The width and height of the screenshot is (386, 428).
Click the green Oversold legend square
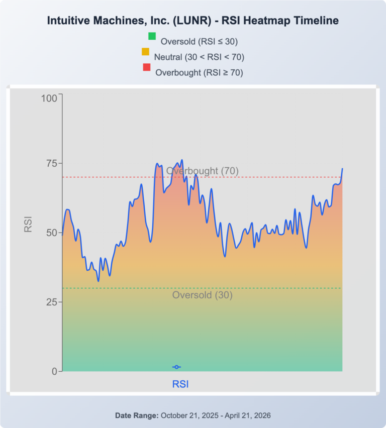coord(152,36)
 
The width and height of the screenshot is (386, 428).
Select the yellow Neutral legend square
coord(146,52)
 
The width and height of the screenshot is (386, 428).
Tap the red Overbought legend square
coord(146,67)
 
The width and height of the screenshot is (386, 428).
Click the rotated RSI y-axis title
coord(28,224)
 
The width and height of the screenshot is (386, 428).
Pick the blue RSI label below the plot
coord(180,384)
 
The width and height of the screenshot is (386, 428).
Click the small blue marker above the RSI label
coord(176,367)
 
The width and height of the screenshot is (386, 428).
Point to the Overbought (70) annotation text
coord(203,171)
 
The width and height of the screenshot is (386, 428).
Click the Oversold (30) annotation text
coord(203,295)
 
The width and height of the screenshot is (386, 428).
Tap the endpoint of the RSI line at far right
coord(342,169)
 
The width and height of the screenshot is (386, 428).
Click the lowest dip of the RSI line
coord(99,281)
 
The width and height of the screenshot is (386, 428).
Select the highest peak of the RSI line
coord(182,160)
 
